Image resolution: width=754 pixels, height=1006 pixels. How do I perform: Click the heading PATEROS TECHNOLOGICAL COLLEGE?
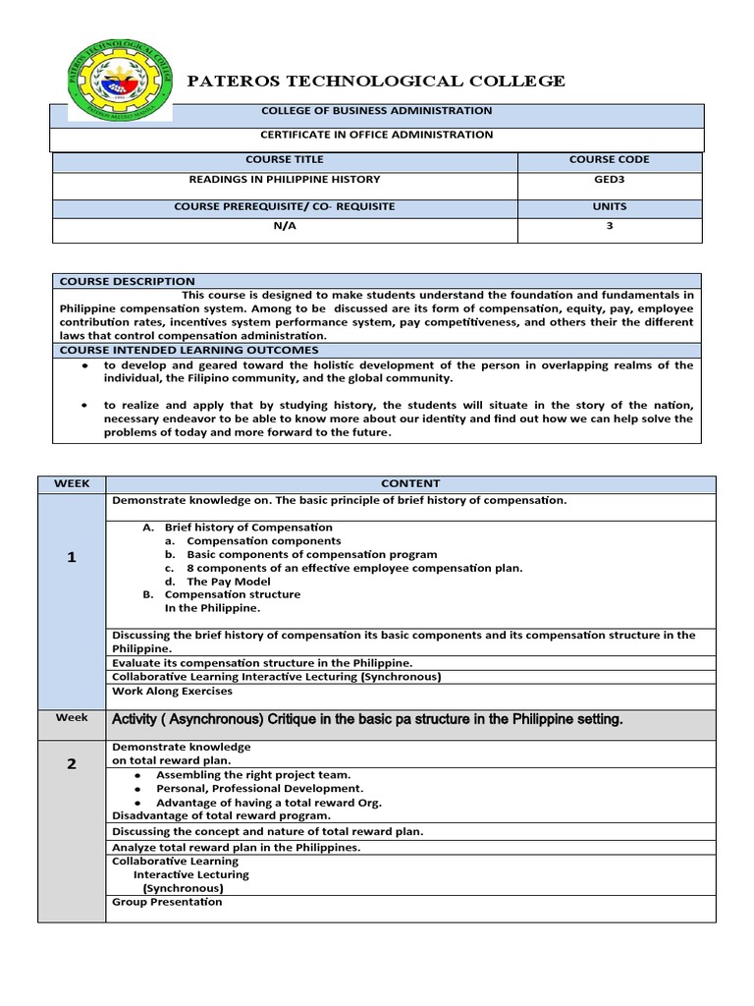[376, 82]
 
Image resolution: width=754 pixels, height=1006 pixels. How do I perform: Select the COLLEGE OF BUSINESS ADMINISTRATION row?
[376, 111]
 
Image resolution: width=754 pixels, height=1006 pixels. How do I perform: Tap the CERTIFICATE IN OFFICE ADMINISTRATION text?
[376, 135]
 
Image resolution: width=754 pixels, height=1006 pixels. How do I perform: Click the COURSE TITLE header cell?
[285, 159]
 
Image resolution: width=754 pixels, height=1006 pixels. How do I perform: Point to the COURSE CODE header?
[609, 159]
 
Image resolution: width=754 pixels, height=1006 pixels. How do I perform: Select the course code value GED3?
[609, 180]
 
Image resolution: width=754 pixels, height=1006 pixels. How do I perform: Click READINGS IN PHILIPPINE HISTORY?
[285, 180]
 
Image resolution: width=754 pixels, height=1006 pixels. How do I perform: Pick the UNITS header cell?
[609, 207]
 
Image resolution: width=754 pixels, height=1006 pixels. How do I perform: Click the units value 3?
[609, 226]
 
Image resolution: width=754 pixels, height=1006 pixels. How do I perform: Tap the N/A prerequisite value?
[285, 226]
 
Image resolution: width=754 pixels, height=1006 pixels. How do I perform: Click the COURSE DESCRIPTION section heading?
[128, 281]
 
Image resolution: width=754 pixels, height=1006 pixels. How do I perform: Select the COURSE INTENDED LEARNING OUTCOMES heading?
[189, 350]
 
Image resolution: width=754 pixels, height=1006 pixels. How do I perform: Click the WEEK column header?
[72, 483]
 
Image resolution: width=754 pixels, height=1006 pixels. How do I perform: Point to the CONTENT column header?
[410, 483]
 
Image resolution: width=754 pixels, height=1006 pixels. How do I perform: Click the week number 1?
[72, 557]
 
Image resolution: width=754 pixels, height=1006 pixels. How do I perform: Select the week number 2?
[72, 765]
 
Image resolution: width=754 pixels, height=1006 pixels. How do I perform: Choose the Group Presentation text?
[168, 902]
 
